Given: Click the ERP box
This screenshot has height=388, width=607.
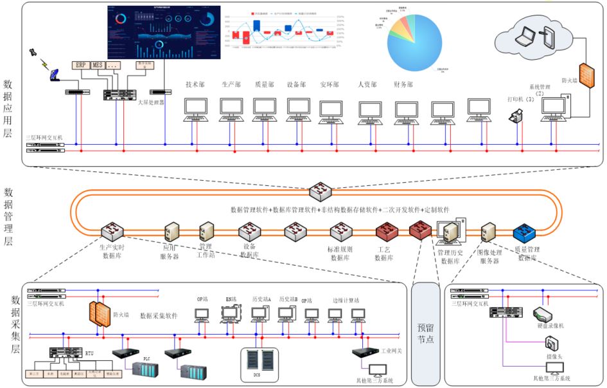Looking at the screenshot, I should [x=80, y=65].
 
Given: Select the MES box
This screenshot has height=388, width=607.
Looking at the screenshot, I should [x=98, y=65].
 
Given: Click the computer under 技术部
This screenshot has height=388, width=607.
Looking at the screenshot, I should [x=195, y=109].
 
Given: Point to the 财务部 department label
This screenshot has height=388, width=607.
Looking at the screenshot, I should [x=403, y=84].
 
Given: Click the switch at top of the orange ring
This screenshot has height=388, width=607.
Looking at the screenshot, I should [x=319, y=191].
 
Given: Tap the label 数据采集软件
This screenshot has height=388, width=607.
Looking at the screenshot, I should [x=158, y=316].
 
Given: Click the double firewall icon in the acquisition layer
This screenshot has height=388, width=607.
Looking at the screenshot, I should [x=98, y=313].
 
